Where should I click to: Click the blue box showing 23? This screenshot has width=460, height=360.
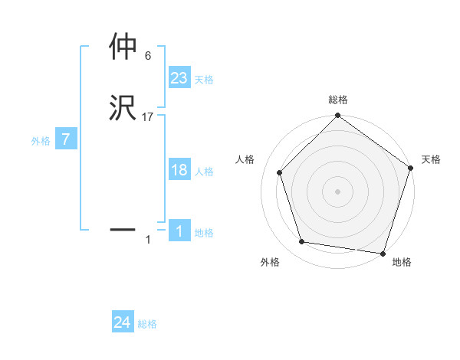[x=179, y=77]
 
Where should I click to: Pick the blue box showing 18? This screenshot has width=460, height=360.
[x=179, y=170]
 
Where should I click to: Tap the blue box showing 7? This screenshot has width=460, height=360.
[x=66, y=139]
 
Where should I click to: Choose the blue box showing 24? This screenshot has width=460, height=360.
[x=123, y=322]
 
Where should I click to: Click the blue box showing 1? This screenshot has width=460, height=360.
[x=179, y=231]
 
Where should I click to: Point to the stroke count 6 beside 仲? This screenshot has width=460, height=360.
[x=147, y=55]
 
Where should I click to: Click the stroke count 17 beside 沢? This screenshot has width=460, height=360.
[x=148, y=117]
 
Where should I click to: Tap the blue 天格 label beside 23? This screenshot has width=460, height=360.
[x=204, y=80]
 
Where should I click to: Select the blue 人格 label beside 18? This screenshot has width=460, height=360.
[x=204, y=172]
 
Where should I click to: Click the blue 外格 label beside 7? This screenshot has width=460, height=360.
[x=41, y=141]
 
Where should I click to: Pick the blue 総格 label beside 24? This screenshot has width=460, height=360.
[x=147, y=325]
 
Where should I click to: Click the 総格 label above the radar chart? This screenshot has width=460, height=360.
[x=337, y=100]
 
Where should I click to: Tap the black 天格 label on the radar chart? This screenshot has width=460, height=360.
[x=431, y=159]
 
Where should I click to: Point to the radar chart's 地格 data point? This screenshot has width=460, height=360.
[x=382, y=253]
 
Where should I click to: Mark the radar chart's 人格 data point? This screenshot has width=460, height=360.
[x=280, y=172]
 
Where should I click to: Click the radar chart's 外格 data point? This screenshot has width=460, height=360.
[x=302, y=242]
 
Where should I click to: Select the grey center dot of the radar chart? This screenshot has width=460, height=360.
[x=337, y=191]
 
